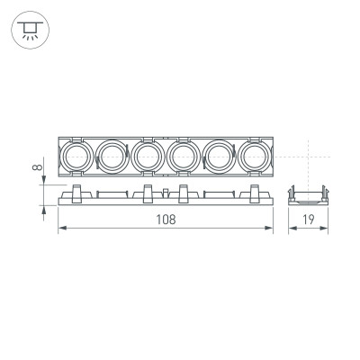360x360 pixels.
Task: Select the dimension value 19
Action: (306, 220)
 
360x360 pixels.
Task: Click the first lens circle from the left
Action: (77, 157)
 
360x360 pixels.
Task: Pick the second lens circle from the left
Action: (112, 157)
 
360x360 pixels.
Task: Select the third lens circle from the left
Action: (148, 157)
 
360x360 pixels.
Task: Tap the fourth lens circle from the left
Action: (183, 157)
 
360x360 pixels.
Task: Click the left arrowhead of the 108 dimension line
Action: (61, 230)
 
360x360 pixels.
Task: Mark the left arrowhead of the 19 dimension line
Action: (291, 230)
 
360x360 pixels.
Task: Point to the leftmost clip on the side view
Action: (77, 192)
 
